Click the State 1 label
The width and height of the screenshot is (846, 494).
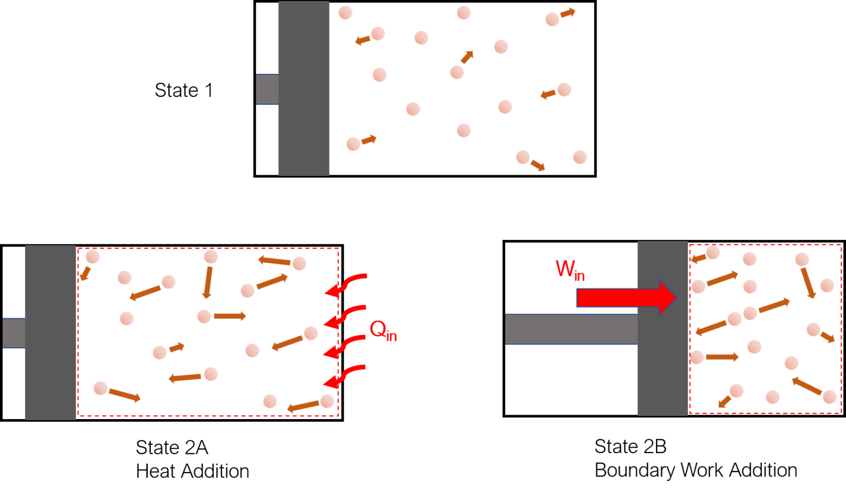coord(184,90)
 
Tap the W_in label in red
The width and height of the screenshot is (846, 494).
coord(570,270)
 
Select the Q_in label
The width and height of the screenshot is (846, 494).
coord(383,331)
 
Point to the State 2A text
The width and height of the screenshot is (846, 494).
coord(172,448)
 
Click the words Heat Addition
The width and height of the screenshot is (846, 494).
coord(193,471)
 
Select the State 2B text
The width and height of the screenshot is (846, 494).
coord(630,447)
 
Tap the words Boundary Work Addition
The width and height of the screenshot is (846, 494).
coord(696,470)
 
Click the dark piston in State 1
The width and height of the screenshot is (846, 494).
coord(303,89)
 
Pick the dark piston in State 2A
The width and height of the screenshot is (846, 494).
coord(51,332)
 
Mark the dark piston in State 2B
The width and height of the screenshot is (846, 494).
coord(663,329)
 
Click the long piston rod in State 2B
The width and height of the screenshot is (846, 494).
coord(571,329)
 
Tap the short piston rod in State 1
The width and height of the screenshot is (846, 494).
coord(267,89)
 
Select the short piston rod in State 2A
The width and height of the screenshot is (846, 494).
coord(14,333)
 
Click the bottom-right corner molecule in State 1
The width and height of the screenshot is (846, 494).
coord(580,157)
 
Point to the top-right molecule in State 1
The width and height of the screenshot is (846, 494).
coord(552,19)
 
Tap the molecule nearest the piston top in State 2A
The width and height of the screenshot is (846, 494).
coord(93,257)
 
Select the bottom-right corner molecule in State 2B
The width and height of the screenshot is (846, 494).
coord(830,398)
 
